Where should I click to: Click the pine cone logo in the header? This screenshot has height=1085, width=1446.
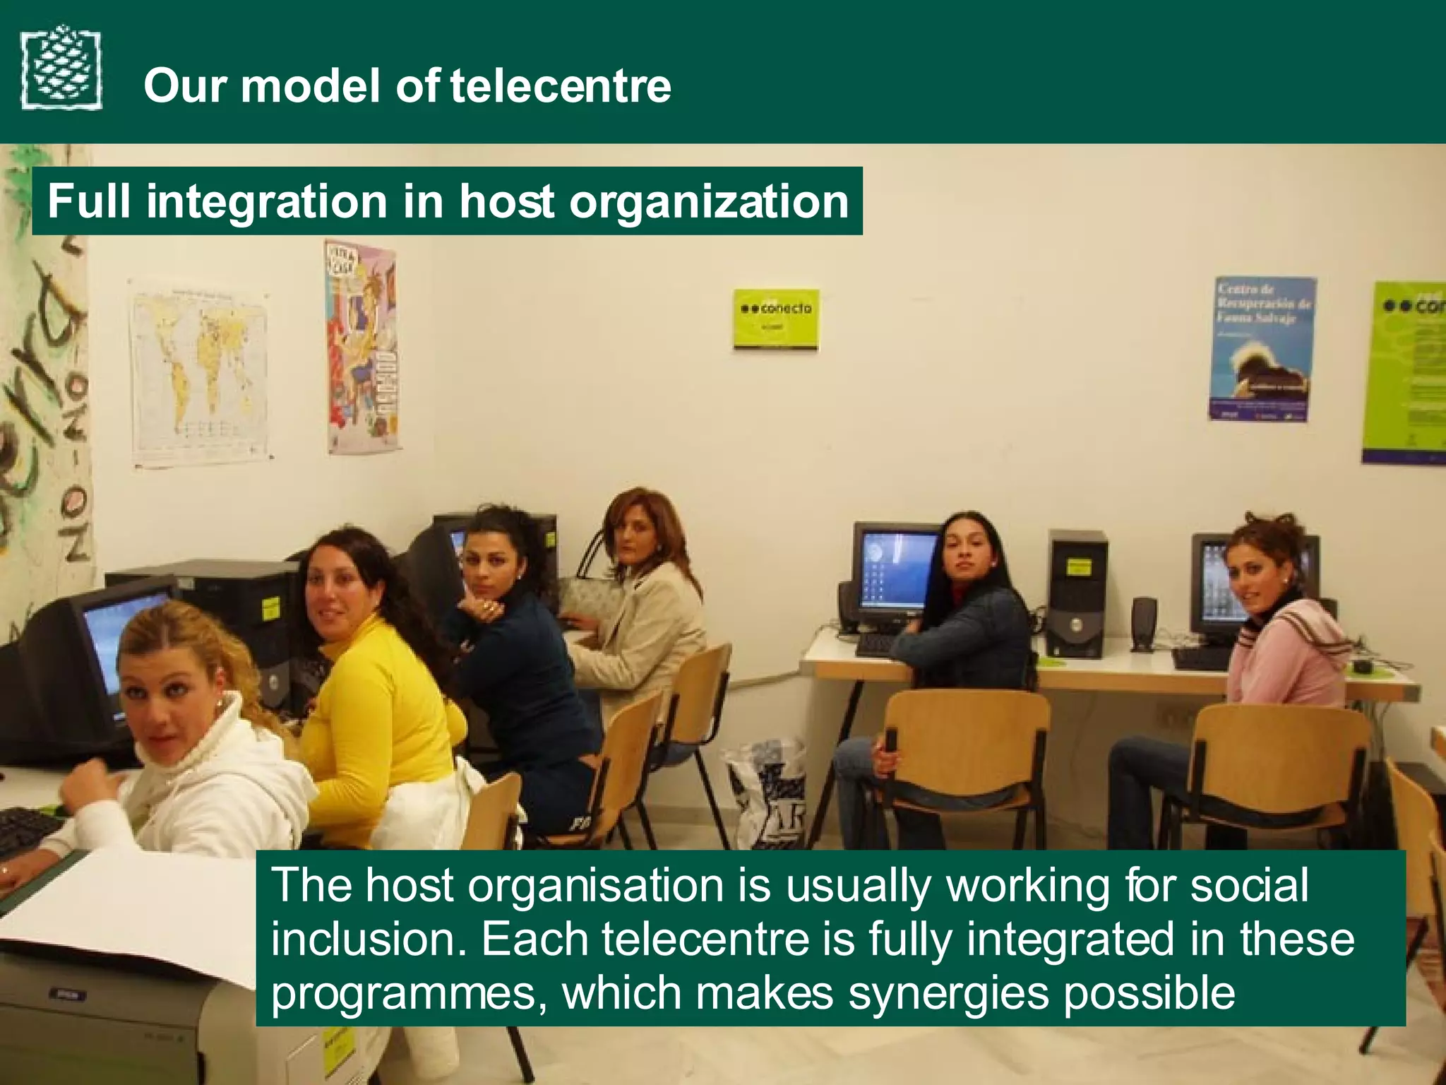click(x=61, y=68)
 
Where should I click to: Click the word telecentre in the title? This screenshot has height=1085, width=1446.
click(x=561, y=85)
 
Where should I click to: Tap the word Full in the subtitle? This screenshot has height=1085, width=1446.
click(x=89, y=201)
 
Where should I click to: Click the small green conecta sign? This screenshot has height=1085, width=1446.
click(x=776, y=319)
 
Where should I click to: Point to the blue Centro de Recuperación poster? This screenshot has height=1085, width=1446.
click(x=1262, y=348)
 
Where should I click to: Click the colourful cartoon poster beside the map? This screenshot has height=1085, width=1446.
click(x=361, y=346)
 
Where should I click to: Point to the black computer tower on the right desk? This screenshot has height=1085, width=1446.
click(x=1076, y=593)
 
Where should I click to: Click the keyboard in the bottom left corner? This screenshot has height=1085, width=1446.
click(x=28, y=830)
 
